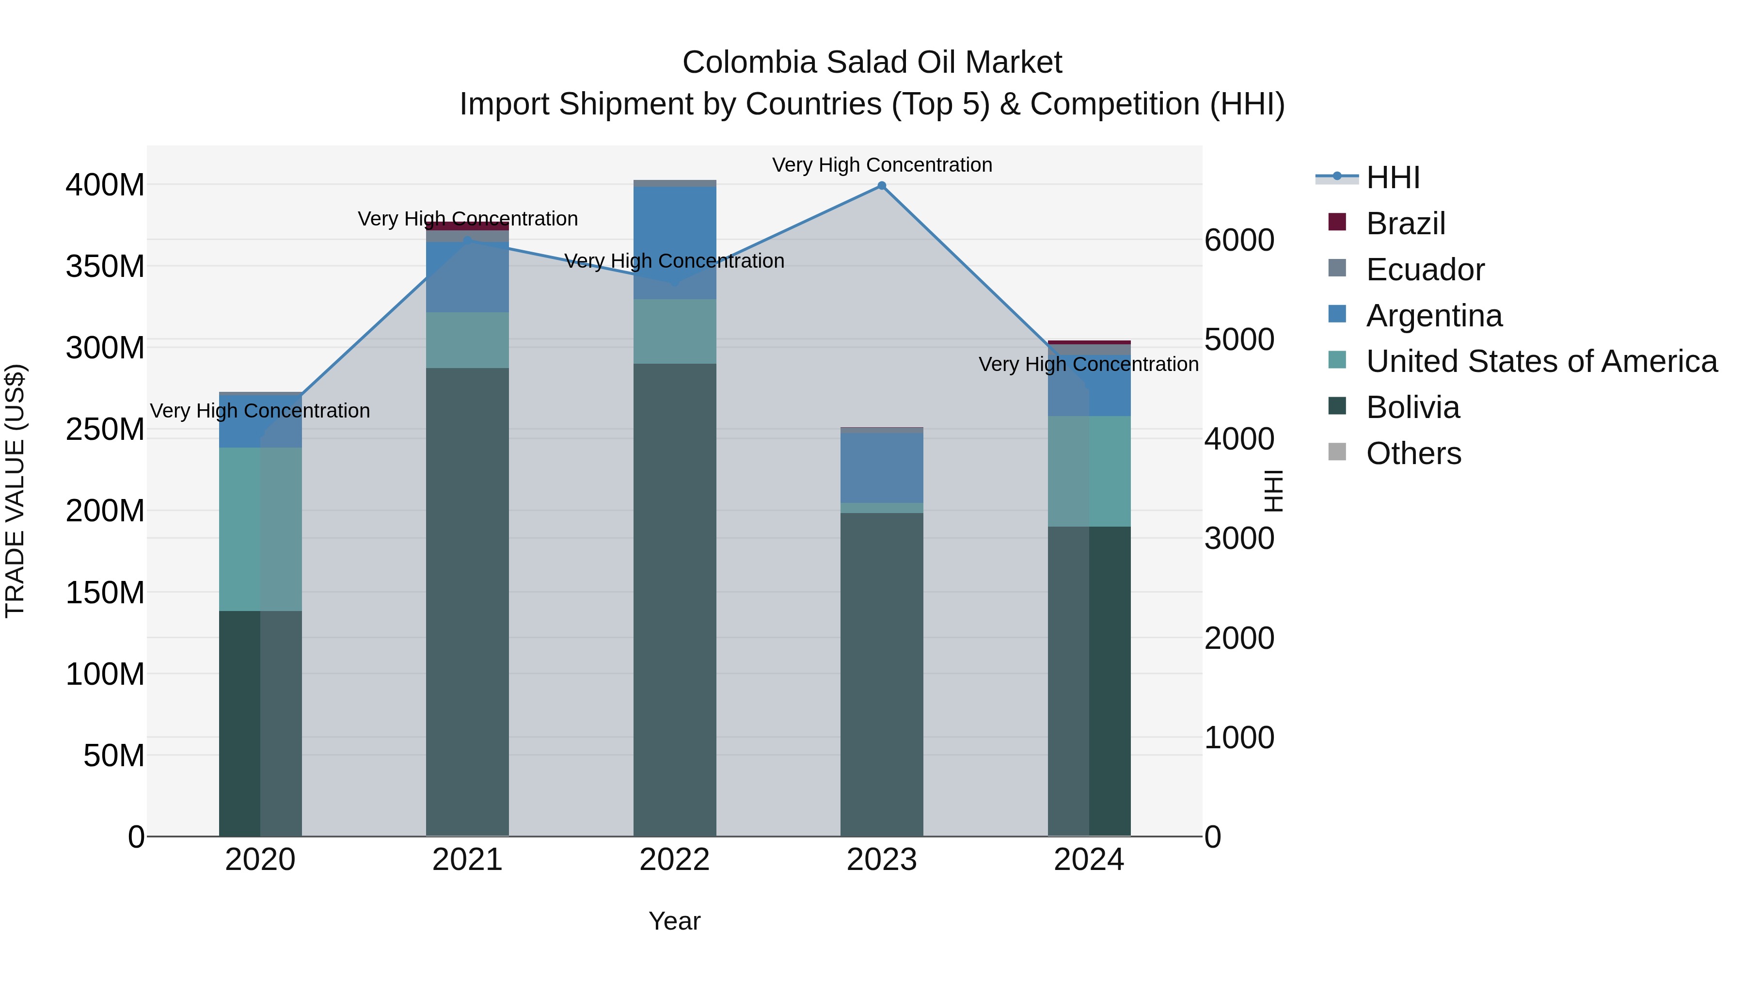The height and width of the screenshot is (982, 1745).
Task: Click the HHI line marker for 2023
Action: coord(881,186)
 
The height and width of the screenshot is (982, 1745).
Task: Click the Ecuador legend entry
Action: coord(1425,270)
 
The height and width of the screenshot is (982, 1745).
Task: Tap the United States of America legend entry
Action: coord(1541,361)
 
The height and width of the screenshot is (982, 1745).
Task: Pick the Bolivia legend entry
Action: coord(1412,407)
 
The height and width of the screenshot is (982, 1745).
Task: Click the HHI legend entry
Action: coord(1392,177)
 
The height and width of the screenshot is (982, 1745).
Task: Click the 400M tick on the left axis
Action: coord(105,185)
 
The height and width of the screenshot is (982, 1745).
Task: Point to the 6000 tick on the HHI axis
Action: coord(1239,240)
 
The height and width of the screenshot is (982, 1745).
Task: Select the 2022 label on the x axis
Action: coord(674,860)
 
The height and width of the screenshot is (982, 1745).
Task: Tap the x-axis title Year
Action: coord(674,921)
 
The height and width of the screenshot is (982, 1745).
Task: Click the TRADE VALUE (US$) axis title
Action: coord(15,491)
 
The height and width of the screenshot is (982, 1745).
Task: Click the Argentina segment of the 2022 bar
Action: coord(674,242)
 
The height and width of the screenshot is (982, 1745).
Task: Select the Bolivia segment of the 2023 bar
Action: coord(881,675)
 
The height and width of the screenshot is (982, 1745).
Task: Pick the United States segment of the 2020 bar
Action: coord(260,529)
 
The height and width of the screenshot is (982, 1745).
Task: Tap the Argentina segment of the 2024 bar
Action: coord(1089,385)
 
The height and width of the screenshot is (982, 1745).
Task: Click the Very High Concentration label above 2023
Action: coord(881,165)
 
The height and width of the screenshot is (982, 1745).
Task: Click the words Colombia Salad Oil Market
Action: coord(872,63)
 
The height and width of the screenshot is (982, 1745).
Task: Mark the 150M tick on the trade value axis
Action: coord(105,593)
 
